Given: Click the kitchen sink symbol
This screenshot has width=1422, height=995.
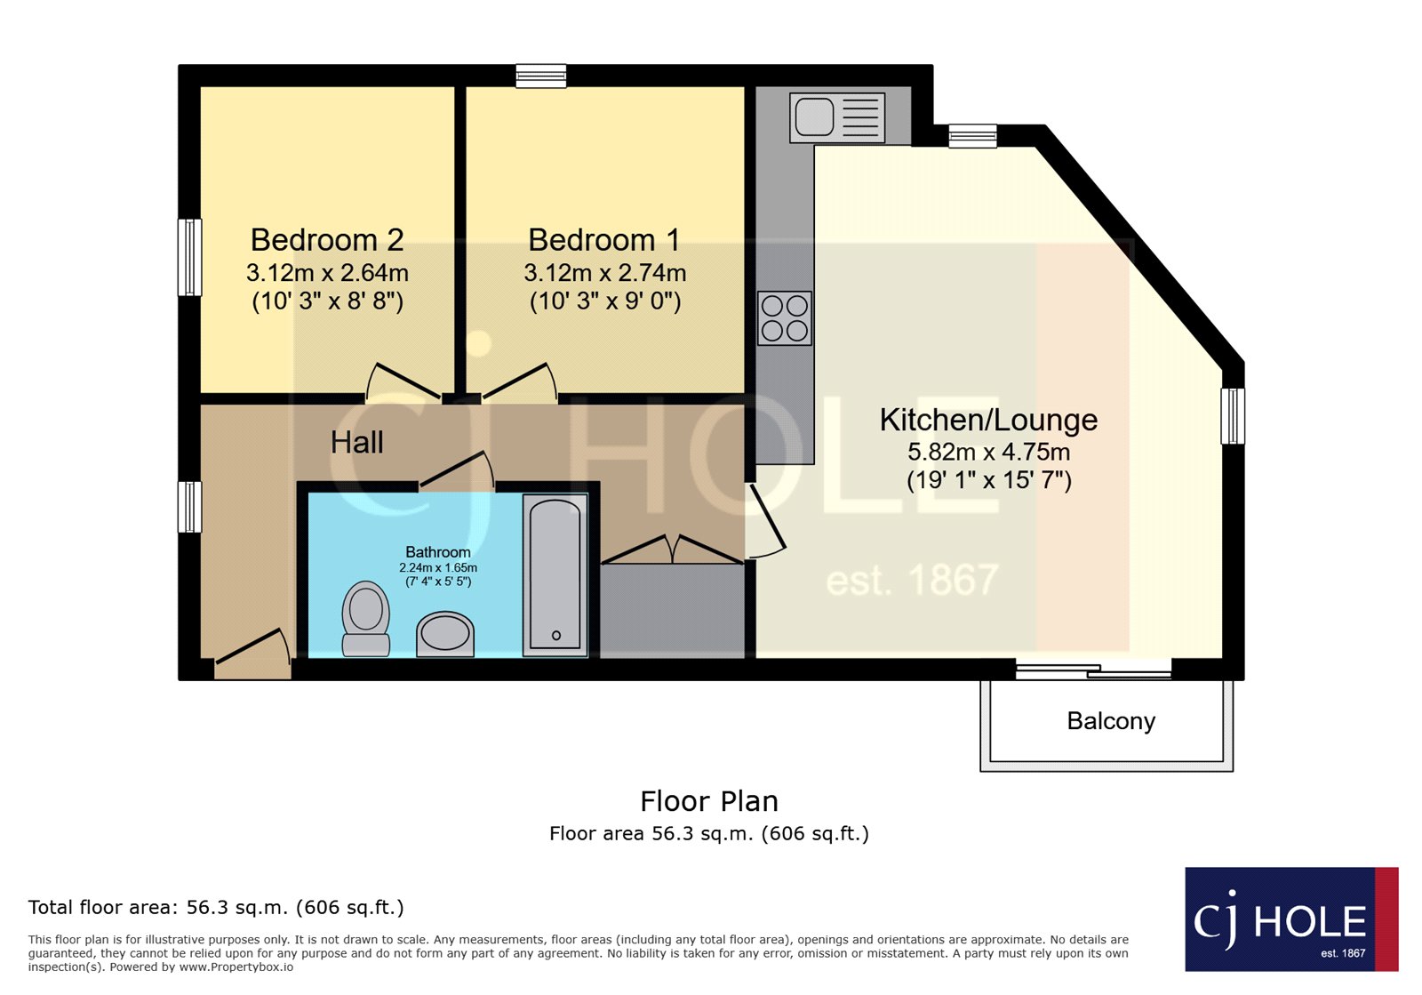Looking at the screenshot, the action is pyautogui.click(x=837, y=117).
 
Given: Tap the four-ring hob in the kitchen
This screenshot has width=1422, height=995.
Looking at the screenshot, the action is pyautogui.click(x=785, y=318).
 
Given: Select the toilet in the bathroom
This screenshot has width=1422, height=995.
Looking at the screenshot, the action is pyautogui.click(x=365, y=619).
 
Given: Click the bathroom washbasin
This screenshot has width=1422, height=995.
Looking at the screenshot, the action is pyautogui.click(x=445, y=634).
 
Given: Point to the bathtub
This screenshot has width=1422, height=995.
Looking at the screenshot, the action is pyautogui.click(x=555, y=575).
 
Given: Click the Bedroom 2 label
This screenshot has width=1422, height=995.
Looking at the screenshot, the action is pyautogui.click(x=327, y=240).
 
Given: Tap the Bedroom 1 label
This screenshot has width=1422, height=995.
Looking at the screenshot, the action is pyautogui.click(x=604, y=240).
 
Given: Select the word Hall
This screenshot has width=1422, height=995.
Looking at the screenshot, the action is pyautogui.click(x=356, y=442).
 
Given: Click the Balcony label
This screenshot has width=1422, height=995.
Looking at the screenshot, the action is pyautogui.click(x=1111, y=721).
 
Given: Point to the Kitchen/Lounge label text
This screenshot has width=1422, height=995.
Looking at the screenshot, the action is pyautogui.click(x=988, y=420).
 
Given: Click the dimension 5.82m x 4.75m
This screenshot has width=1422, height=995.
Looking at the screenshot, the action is pyautogui.click(x=988, y=452).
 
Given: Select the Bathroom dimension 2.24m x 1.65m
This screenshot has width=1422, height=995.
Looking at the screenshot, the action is pyautogui.click(x=438, y=567).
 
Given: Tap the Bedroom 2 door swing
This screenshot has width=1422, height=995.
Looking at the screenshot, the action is pyautogui.click(x=403, y=382).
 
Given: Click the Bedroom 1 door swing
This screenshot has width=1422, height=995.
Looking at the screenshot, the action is pyautogui.click(x=520, y=382).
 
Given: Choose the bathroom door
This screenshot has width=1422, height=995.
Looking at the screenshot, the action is pyautogui.click(x=457, y=470).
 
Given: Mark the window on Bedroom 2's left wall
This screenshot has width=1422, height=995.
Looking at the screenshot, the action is pyautogui.click(x=189, y=257).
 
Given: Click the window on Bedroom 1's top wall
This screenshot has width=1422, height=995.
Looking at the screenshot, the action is pyautogui.click(x=540, y=76).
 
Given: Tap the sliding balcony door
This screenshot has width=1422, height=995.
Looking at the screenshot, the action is pyautogui.click(x=1093, y=670).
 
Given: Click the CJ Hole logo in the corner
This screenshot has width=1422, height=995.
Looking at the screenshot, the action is pyautogui.click(x=1291, y=919).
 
